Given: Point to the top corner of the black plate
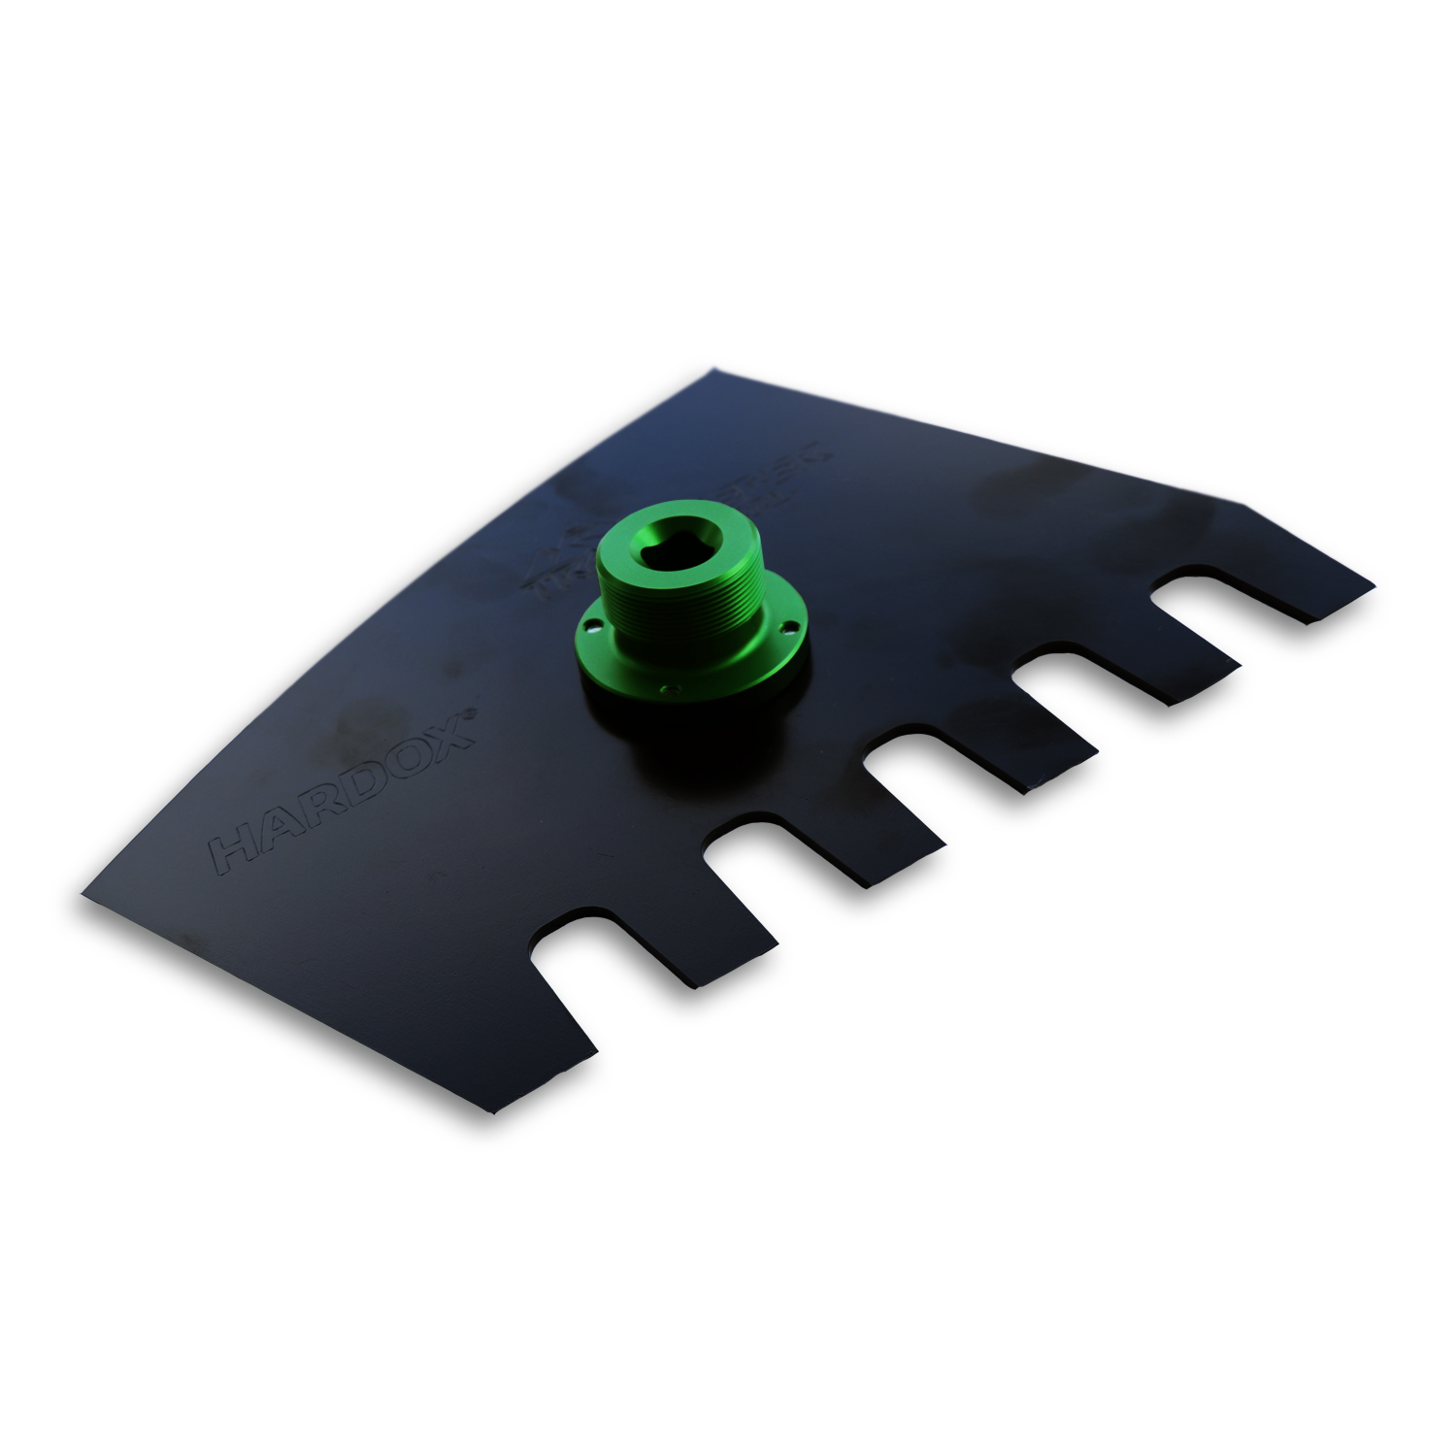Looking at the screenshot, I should coord(714,369).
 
